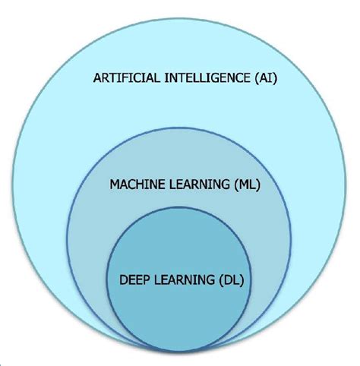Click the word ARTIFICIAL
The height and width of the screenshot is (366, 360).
click(127, 77)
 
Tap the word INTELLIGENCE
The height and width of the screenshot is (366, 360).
click(207, 77)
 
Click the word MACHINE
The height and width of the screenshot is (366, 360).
click(137, 185)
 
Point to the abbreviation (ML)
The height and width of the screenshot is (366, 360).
click(246, 185)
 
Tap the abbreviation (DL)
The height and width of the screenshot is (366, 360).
click(231, 280)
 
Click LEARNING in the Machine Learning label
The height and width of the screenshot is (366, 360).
click(199, 185)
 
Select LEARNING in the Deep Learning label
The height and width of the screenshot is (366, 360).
click(184, 280)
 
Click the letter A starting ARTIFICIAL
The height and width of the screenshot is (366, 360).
click(97, 77)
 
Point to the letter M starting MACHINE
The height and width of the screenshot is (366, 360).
click(115, 185)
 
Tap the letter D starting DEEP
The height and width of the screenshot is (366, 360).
click(123, 280)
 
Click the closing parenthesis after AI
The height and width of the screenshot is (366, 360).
click(275, 78)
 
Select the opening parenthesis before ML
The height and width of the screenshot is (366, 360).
click(235, 185)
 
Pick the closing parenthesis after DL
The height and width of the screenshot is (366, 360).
click(242, 280)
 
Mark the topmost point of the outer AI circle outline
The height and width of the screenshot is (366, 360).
click(179, 19)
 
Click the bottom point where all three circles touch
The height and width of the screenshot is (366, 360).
click(179, 352)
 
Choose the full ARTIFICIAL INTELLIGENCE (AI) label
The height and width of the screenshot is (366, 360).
click(185, 78)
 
